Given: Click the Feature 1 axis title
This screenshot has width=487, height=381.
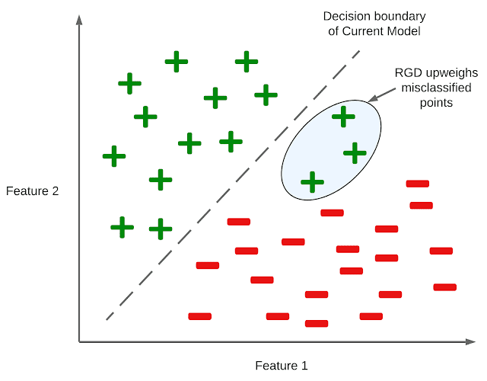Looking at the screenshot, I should (282, 365).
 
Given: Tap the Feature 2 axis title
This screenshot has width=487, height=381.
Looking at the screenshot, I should (33, 191).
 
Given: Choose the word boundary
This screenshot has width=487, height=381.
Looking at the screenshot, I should (400, 17).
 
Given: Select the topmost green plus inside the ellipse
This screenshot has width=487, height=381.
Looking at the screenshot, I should (344, 117).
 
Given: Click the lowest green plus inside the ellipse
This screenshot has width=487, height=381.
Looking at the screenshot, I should (312, 181).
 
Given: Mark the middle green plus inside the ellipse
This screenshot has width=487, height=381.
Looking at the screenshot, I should (355, 153).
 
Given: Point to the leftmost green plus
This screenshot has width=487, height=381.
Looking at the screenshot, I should (114, 157).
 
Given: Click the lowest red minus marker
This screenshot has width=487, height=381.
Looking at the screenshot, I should (317, 323).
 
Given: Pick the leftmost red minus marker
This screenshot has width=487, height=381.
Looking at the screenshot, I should (199, 315).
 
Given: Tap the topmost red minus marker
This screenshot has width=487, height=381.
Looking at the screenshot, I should (418, 184).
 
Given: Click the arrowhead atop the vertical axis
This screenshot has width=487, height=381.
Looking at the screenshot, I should (79, 20).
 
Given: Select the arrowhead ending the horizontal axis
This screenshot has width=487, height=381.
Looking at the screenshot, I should (474, 342).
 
